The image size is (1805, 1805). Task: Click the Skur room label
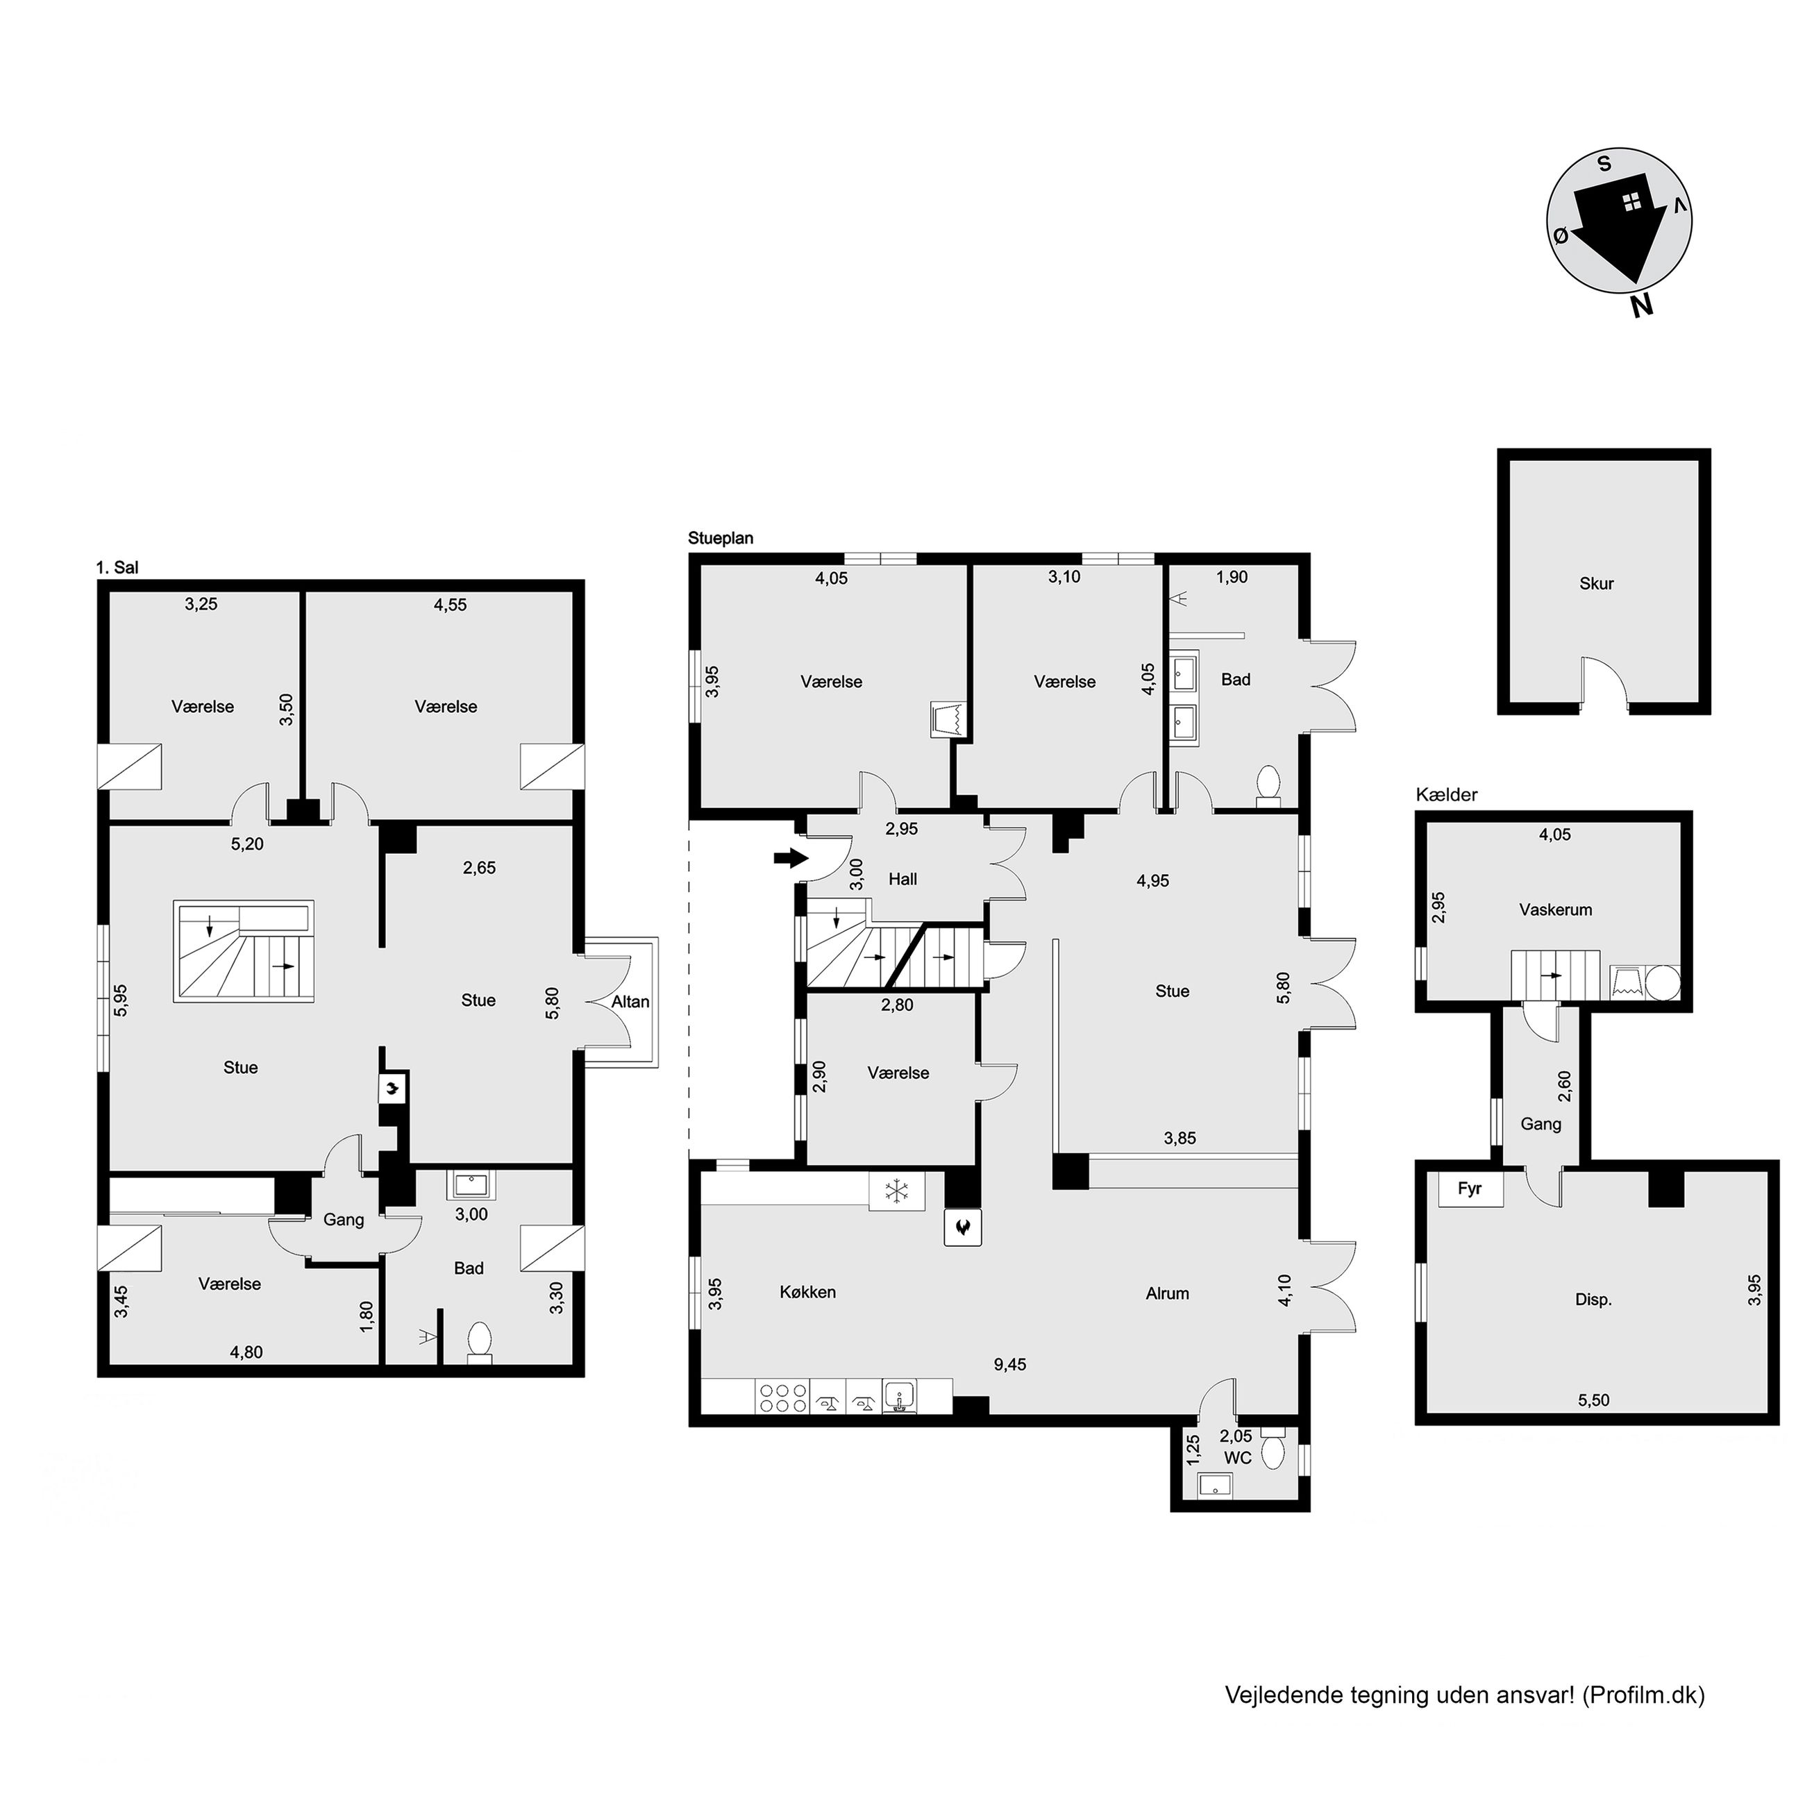1597,584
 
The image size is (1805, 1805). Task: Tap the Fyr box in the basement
1470,1190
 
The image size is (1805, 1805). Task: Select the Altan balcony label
630,1002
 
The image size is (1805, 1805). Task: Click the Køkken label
808,1292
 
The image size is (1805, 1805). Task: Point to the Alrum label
1168,1293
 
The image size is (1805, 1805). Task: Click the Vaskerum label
1556,909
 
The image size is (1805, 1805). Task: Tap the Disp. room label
1594,1300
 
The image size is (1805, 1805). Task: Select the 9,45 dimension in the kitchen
1010,1364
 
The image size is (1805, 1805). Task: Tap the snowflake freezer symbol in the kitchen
897,1192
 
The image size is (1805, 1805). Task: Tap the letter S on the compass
1604,165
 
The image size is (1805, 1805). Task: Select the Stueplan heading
721,538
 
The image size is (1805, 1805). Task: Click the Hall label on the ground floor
902,879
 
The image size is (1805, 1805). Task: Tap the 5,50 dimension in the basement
1594,1400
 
